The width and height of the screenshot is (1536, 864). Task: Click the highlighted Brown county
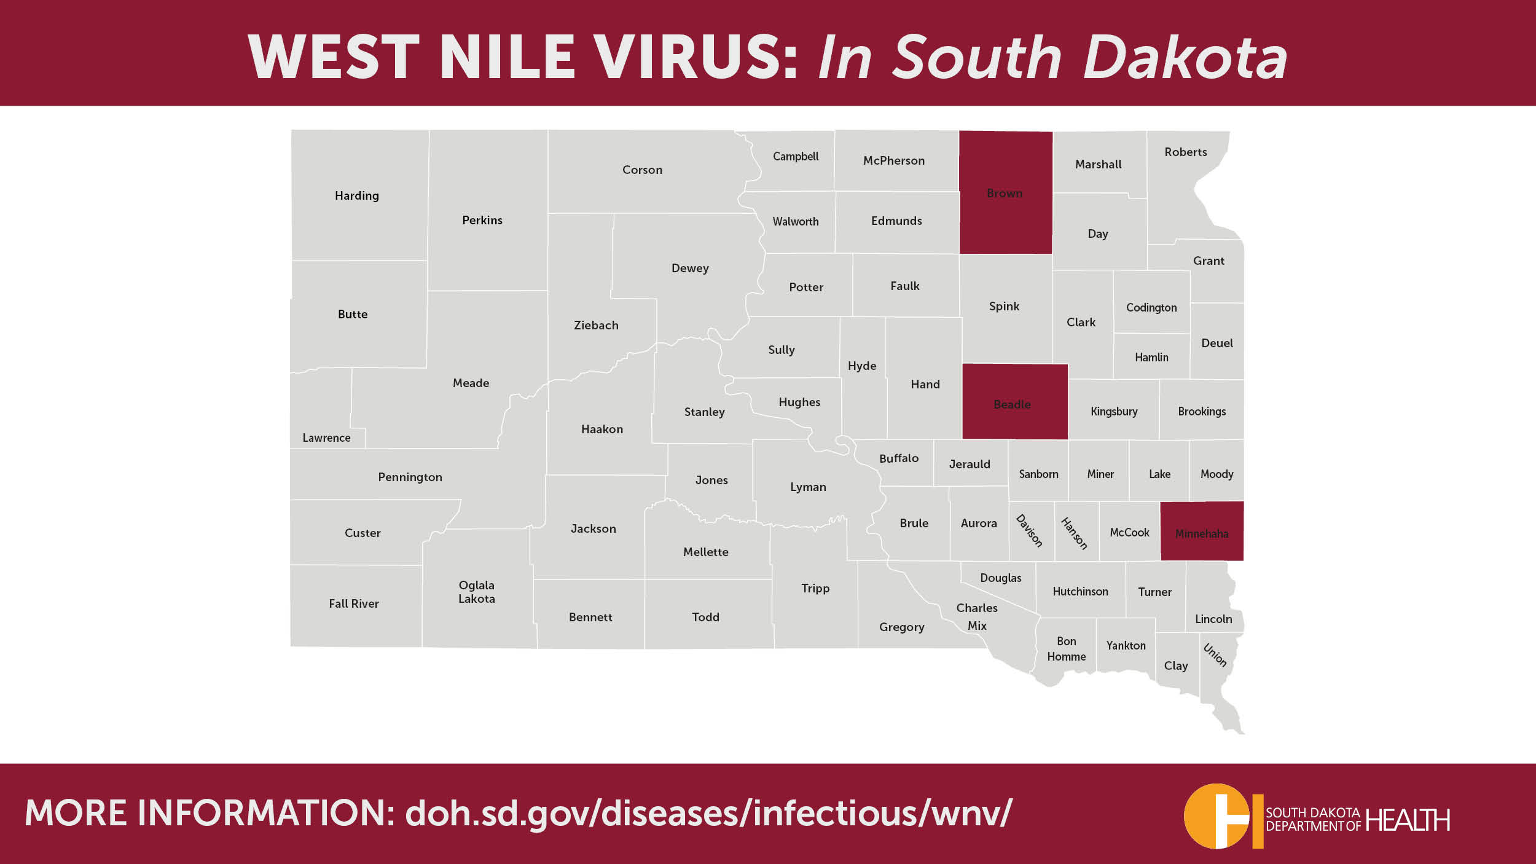(x=1005, y=192)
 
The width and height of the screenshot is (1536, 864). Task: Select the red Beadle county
(x=1014, y=403)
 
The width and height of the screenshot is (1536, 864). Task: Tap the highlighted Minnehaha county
(x=1201, y=532)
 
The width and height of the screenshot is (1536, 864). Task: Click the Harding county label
(x=356, y=195)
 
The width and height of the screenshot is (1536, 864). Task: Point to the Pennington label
(x=410, y=477)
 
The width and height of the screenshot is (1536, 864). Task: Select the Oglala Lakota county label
(x=476, y=592)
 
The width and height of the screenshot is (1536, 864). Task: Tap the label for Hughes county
(x=799, y=402)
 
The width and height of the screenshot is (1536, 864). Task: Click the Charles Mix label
(x=976, y=616)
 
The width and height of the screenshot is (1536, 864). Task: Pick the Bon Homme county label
(x=1066, y=649)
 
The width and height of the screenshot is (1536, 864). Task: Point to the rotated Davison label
(x=1029, y=530)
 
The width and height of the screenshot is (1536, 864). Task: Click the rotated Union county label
(x=1215, y=655)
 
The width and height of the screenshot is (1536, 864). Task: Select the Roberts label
(x=1185, y=152)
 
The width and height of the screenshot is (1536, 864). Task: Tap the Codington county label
(x=1151, y=307)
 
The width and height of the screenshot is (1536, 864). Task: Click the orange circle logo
(x=1216, y=816)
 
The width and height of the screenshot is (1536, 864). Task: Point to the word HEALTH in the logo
(x=1408, y=820)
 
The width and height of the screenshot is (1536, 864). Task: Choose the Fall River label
(x=354, y=603)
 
